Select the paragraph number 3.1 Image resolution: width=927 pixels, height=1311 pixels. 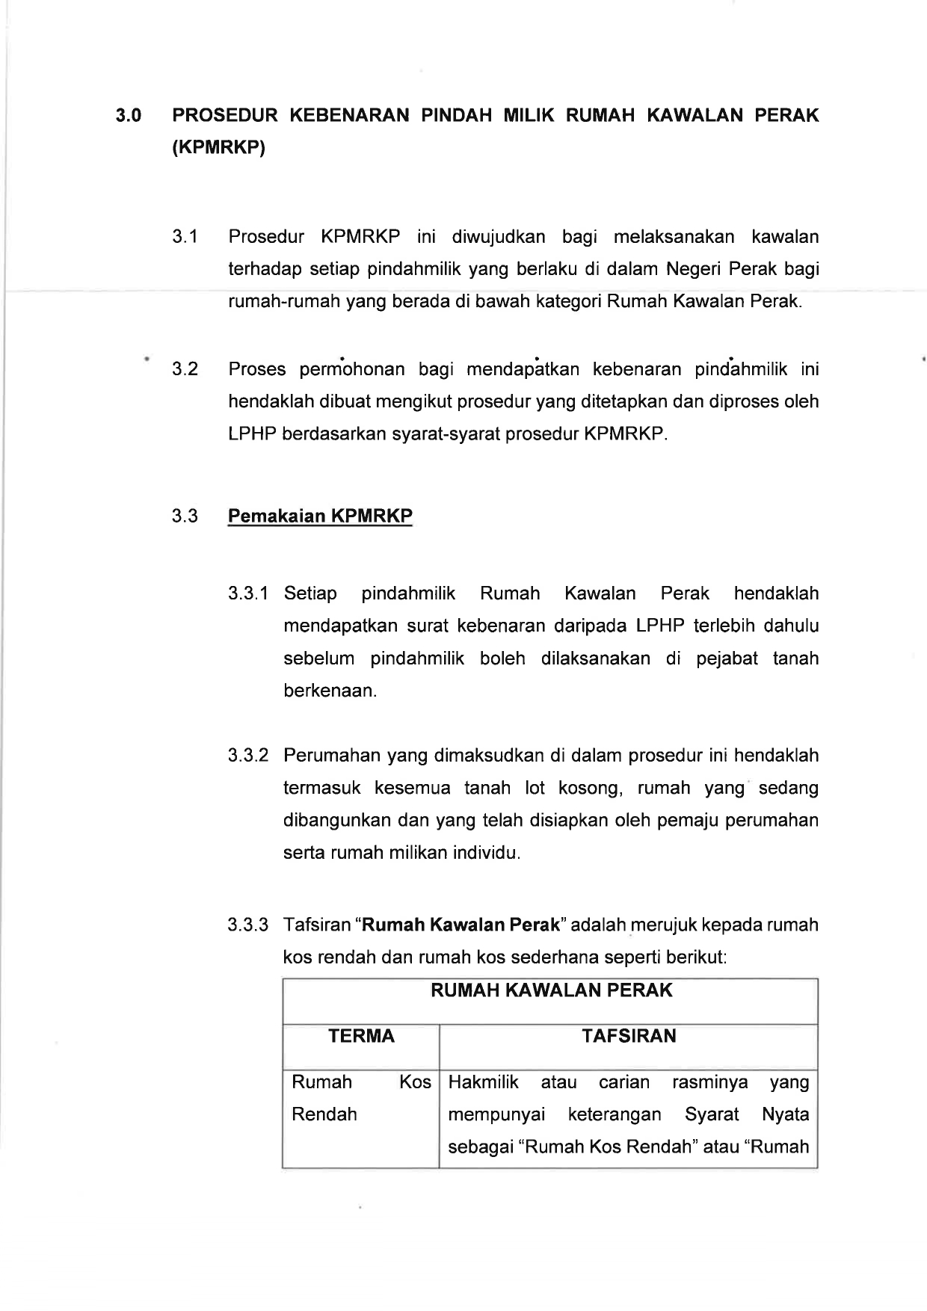click(185, 238)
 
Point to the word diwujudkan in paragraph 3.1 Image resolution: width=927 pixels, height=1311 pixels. click(497, 238)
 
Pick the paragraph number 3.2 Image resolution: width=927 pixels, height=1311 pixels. click(185, 369)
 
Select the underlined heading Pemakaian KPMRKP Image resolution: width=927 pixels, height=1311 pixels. click(320, 516)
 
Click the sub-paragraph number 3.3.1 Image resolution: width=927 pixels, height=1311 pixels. click(248, 594)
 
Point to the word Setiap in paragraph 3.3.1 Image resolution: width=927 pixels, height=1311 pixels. click(310, 594)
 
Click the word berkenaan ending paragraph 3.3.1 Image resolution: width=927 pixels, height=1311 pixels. click(329, 691)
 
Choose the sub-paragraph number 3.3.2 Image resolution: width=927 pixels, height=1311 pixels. click(248, 756)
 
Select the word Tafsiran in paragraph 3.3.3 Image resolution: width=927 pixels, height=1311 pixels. click(317, 925)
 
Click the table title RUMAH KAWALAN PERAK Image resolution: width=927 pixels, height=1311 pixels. click(552, 991)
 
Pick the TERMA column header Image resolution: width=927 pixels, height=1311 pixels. click(362, 1036)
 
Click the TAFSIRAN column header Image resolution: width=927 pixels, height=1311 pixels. click(629, 1036)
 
